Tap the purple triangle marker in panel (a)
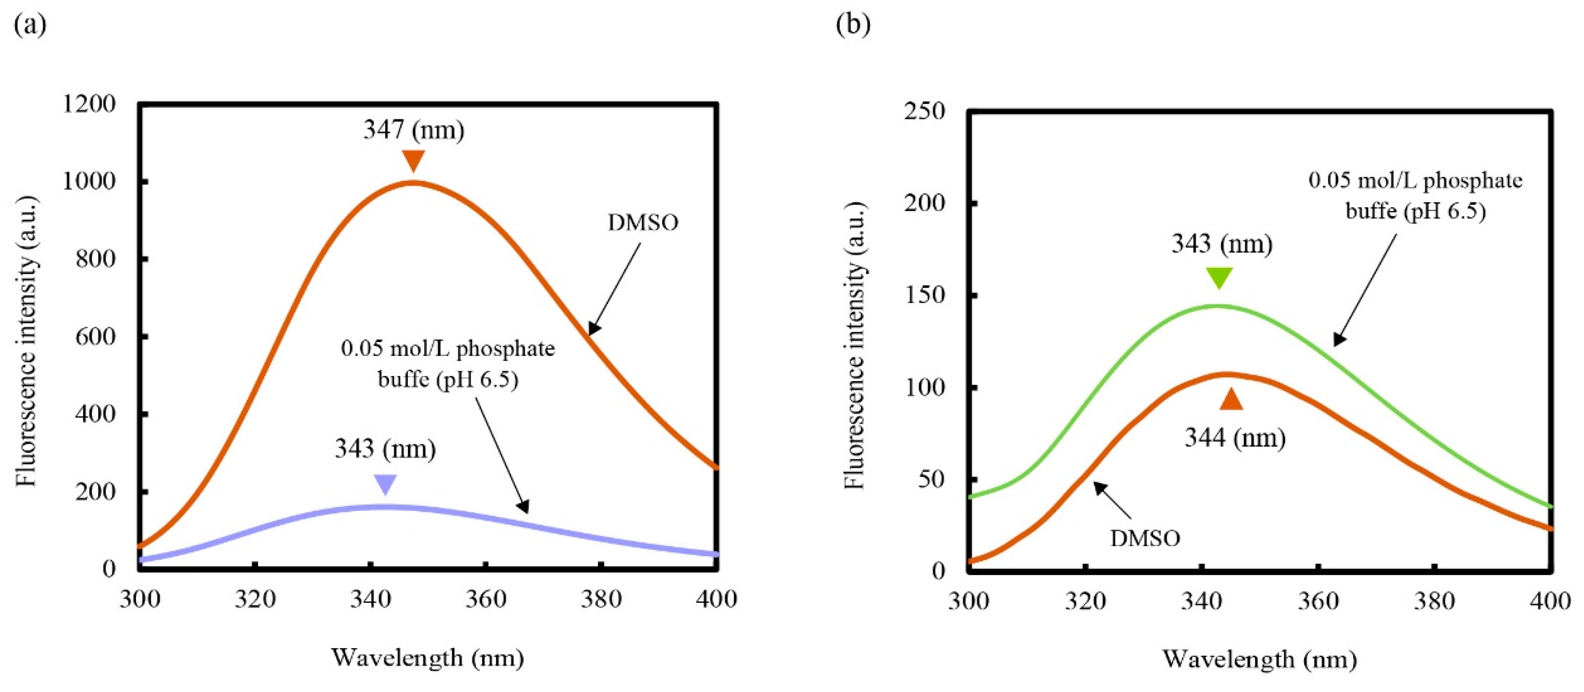(x=386, y=484)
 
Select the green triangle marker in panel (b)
(x=1219, y=277)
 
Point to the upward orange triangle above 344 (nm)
(x=1231, y=400)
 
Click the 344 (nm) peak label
(x=1235, y=438)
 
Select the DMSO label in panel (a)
(x=642, y=223)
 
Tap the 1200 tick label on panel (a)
(x=89, y=104)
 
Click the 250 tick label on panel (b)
(x=924, y=111)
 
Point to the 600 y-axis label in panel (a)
(x=95, y=337)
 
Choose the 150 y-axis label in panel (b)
(x=924, y=295)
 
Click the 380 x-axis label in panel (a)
(x=601, y=599)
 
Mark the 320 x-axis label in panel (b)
(x=1085, y=600)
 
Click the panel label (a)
(x=30, y=25)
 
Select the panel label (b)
(x=853, y=25)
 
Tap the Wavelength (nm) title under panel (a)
(x=428, y=658)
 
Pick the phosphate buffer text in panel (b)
(x=1415, y=195)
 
